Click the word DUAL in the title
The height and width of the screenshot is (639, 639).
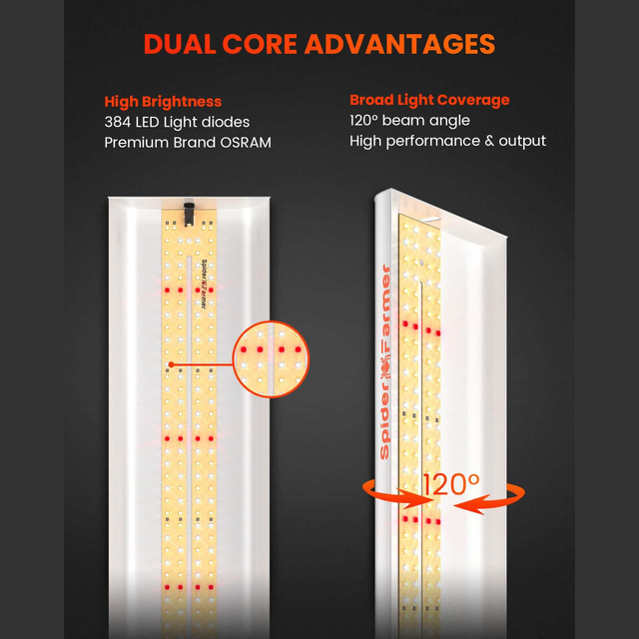[180, 44]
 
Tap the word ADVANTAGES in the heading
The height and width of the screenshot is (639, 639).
[399, 44]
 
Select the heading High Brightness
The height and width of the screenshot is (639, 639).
[163, 102]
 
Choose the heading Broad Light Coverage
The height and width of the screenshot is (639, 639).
[429, 100]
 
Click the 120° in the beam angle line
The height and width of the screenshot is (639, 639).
[363, 120]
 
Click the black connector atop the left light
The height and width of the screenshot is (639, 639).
[189, 214]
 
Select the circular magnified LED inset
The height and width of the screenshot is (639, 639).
[271, 359]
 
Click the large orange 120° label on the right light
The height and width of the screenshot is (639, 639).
[451, 484]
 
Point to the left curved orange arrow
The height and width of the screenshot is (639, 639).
[392, 494]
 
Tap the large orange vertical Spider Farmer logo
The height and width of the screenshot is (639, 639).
[385, 361]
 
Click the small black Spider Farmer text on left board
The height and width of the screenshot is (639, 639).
[204, 285]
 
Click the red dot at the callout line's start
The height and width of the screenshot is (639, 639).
[171, 364]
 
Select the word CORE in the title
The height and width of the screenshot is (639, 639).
[260, 44]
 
